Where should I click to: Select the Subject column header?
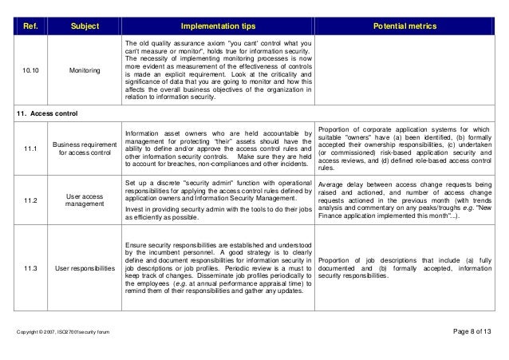click(84, 26)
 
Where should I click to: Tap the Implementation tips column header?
click(217, 26)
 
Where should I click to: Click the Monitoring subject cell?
click(84, 70)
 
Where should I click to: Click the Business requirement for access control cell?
click(84, 148)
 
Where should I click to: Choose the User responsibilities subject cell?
click(84, 268)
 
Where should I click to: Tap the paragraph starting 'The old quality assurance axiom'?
click(217, 70)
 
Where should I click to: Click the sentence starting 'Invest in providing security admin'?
click(217, 210)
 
